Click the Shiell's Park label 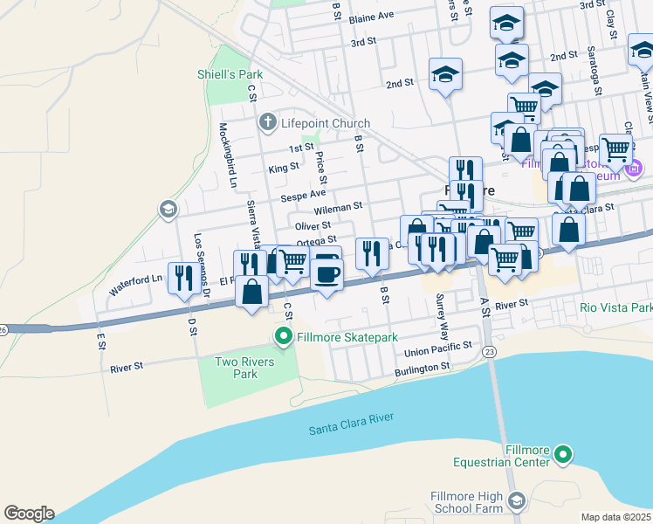[x=230, y=74]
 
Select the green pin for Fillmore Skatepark [x=283, y=336]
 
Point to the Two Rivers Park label [x=245, y=368]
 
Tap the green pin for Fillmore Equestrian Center [x=564, y=454]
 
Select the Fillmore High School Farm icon [x=517, y=500]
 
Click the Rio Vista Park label [x=615, y=307]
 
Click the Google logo [x=29, y=514]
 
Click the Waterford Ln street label [x=135, y=282]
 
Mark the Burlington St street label [x=421, y=369]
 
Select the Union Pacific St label [x=438, y=352]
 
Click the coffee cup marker [x=327, y=274]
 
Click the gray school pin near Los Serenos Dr [x=167, y=209]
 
